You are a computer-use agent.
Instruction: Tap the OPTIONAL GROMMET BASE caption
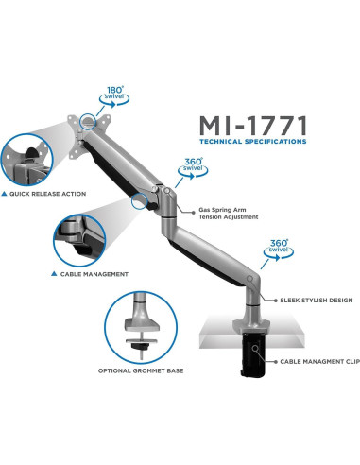141,370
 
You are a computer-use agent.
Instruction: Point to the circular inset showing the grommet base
141,326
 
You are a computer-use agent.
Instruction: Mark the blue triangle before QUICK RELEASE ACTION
8,194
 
